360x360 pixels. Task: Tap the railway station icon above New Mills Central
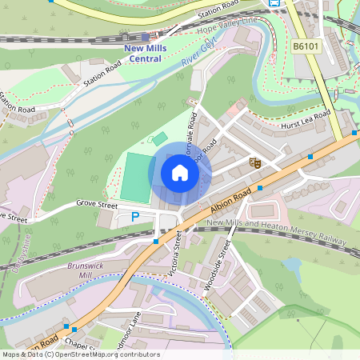pyautogui.click(x=145, y=37)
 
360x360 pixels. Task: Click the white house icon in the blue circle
pyautogui.click(x=179, y=173)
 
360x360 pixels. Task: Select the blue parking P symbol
pyautogui.click(x=135, y=217)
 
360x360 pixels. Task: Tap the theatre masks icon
pyautogui.click(x=255, y=162)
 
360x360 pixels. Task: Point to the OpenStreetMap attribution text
pyautogui.click(x=80, y=354)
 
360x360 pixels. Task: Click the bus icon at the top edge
pyautogui.click(x=275, y=3)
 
